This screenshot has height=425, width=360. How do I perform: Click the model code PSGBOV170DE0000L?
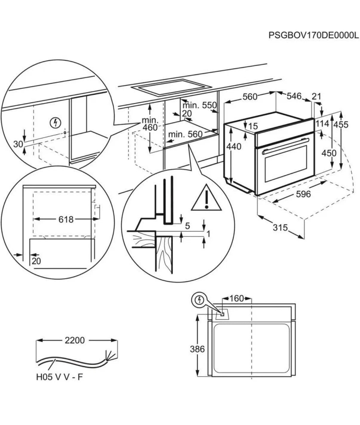tap(313, 36)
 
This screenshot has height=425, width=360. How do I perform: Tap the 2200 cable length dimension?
tap(74, 340)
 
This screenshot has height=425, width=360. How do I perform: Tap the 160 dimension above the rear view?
tap(237, 298)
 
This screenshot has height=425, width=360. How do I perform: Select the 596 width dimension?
tap(303, 194)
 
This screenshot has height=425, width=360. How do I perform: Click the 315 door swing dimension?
tap(280, 228)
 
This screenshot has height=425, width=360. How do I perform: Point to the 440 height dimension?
tap(234, 146)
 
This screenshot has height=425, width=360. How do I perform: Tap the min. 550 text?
tap(199, 105)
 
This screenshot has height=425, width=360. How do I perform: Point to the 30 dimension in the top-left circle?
tap(19, 144)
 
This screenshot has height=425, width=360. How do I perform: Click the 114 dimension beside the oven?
tap(322, 124)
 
